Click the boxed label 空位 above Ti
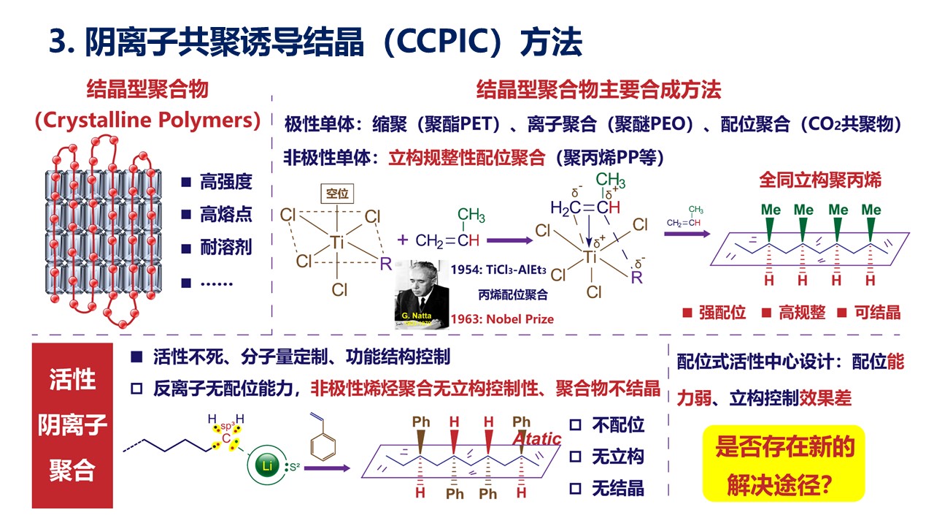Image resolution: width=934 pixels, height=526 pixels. click(x=336, y=194)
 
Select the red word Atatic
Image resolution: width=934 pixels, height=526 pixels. click(x=536, y=438)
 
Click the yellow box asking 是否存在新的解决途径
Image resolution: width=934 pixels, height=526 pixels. click(x=783, y=463)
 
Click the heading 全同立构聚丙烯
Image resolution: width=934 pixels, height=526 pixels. click(x=820, y=180)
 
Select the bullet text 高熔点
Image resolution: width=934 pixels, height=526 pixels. click(x=225, y=214)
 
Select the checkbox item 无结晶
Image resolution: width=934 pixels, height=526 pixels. click(x=617, y=488)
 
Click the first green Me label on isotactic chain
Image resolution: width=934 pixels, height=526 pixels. click(x=771, y=210)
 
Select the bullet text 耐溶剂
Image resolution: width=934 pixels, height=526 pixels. click(x=225, y=247)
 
